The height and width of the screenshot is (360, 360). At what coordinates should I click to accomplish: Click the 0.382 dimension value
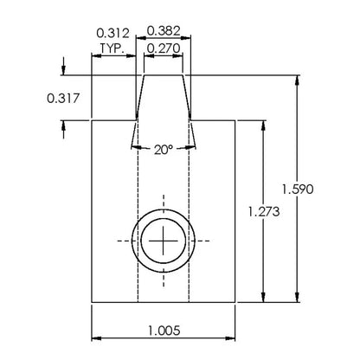click(164, 31)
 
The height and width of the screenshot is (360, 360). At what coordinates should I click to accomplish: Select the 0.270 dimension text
click(164, 48)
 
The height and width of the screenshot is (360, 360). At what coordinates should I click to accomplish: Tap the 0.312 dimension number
click(112, 33)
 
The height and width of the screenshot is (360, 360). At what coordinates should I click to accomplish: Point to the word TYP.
click(112, 48)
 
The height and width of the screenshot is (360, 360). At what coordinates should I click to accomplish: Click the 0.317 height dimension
click(63, 99)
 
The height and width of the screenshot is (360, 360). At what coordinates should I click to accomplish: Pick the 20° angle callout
click(164, 150)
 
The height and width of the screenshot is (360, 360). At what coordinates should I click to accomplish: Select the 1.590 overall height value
click(298, 190)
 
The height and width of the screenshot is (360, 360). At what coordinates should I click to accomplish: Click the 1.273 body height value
click(264, 212)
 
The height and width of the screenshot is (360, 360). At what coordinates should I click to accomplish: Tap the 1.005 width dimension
click(164, 331)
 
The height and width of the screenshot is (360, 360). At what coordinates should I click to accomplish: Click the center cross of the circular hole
click(164, 241)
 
